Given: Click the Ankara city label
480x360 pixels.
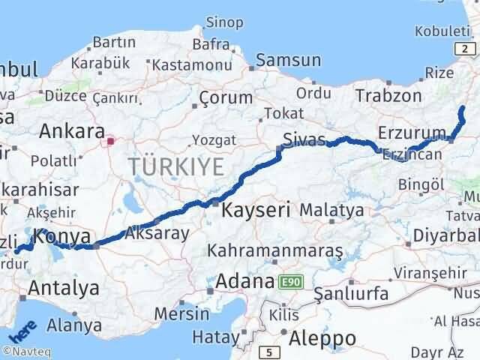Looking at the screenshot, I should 72,131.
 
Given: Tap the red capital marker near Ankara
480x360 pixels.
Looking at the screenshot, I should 111,140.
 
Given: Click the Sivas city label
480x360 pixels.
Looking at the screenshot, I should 304,139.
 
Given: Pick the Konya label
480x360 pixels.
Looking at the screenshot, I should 63,238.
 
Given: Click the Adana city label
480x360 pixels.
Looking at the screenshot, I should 243,282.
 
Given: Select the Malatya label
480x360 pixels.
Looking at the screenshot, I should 331,211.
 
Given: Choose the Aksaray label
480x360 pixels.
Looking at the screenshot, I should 158,232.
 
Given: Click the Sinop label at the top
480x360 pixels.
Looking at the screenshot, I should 224,22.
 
